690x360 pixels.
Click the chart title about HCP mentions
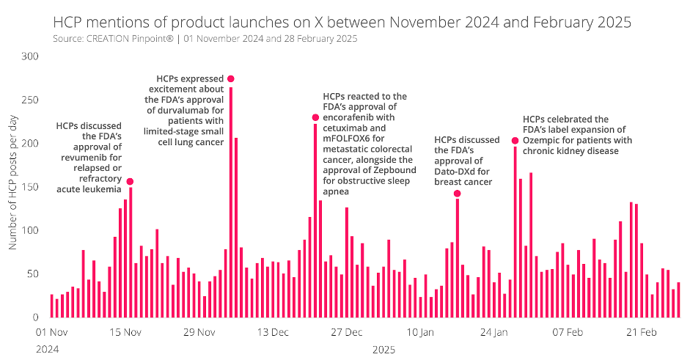pyautogui.click(x=342, y=22)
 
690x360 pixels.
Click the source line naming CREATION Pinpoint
pyautogui.click(x=205, y=38)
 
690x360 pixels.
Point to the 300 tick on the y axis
pyautogui.click(x=31, y=56)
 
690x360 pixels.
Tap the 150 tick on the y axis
pyautogui.click(x=31, y=187)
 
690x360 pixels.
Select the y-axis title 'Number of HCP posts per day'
pyautogui.click(x=12, y=186)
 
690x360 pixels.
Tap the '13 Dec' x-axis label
pyautogui.click(x=272, y=332)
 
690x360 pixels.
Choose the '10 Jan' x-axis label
pyautogui.click(x=420, y=332)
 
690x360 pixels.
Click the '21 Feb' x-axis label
pyautogui.click(x=640, y=332)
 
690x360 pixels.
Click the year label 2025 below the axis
pyautogui.click(x=384, y=350)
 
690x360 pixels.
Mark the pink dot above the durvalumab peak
pyautogui.click(x=231, y=78)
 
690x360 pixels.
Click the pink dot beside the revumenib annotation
pyautogui.click(x=131, y=181)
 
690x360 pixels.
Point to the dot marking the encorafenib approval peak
pyautogui.click(x=315, y=117)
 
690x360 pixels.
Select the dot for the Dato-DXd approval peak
pyautogui.click(x=457, y=194)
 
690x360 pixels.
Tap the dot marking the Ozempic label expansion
pyautogui.click(x=515, y=141)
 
